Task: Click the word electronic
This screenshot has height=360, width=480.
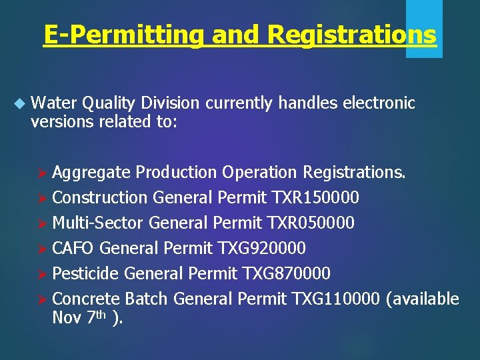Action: (381, 103)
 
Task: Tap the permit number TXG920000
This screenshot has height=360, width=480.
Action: (261, 249)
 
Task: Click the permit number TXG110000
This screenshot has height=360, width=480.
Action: (337, 299)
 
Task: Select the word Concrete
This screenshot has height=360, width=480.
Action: (86, 299)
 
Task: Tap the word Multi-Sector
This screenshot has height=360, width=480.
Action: (98, 223)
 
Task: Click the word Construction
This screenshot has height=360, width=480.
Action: (99, 198)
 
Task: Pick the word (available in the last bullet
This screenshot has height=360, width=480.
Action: (423, 299)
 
